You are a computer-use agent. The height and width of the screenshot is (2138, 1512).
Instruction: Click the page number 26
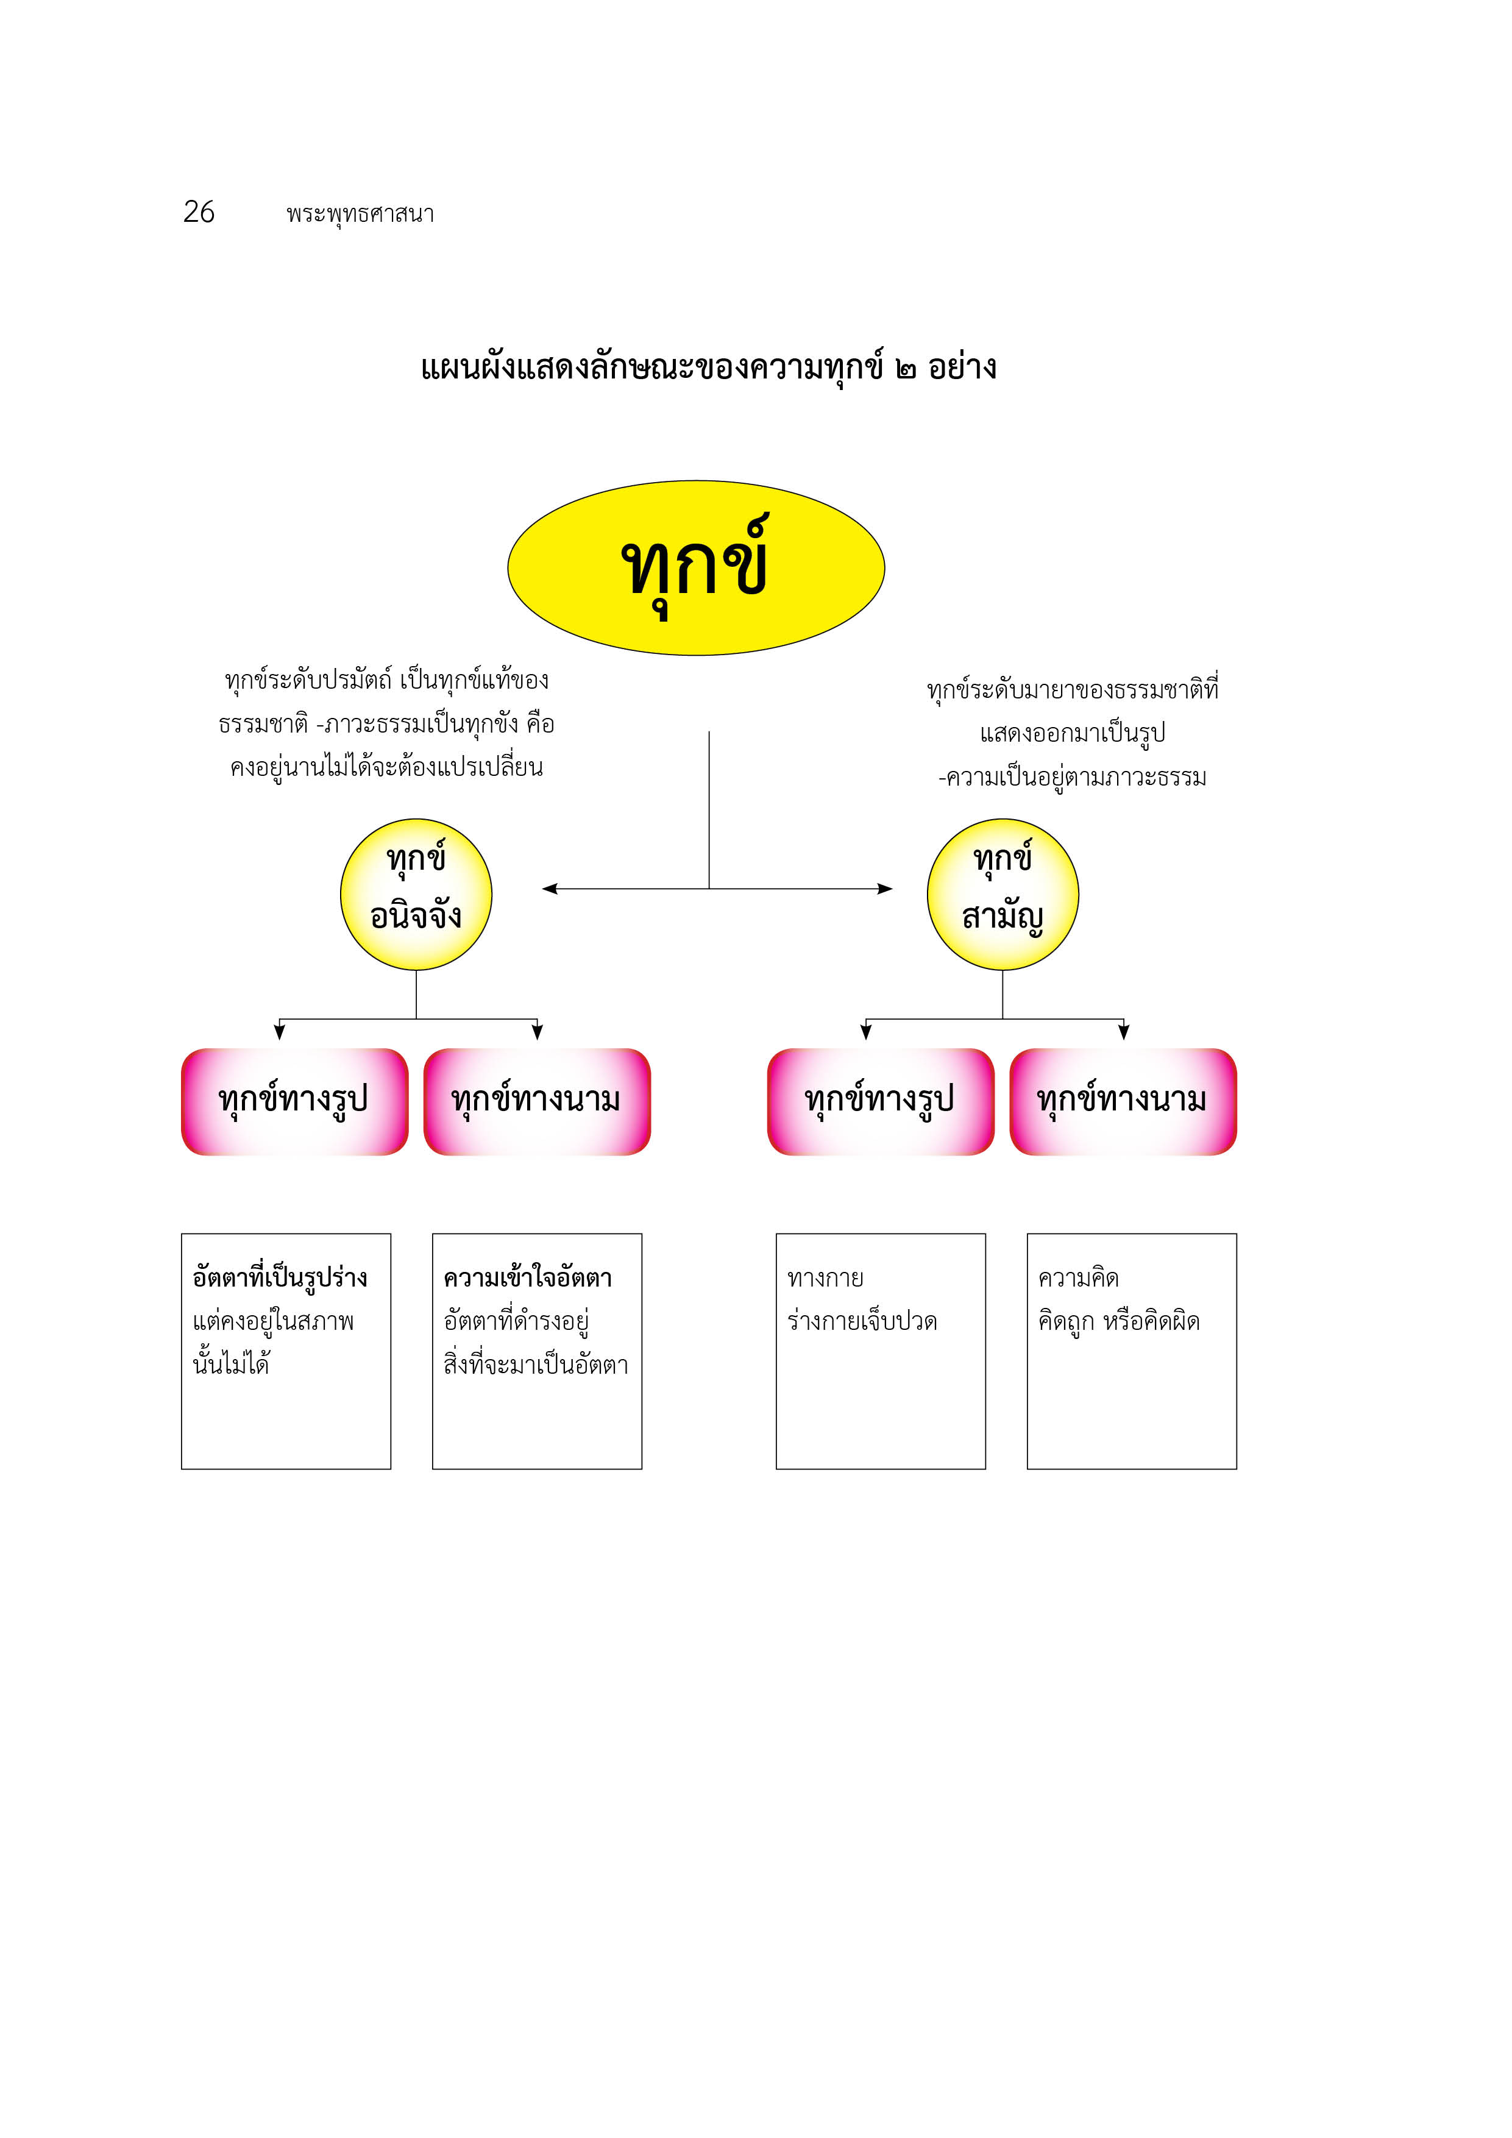pos(199,212)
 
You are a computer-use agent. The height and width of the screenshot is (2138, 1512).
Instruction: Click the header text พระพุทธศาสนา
pos(360,214)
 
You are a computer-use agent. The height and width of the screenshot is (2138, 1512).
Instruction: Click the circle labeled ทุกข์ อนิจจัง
pos(416,895)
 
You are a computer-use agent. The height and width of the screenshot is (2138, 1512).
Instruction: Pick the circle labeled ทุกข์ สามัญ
pos(1003,895)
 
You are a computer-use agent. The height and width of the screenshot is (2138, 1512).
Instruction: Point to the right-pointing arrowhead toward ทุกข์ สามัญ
pos(884,889)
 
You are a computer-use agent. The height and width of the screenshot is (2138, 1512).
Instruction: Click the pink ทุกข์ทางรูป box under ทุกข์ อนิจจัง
pos(295,1101)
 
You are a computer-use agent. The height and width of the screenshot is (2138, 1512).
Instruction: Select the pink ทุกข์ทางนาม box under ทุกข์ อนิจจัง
pos(537,1101)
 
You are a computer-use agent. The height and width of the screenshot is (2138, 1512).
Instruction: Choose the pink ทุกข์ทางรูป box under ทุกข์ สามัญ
pos(881,1101)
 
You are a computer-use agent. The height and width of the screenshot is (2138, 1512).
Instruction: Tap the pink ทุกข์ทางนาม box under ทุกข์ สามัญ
pos(1123,1101)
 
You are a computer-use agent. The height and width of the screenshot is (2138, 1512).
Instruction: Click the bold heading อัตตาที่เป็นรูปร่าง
pos(280,1277)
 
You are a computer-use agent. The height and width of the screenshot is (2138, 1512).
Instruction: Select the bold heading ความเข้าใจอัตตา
pos(528,1277)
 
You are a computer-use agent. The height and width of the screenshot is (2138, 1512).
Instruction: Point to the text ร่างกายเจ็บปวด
pos(862,1321)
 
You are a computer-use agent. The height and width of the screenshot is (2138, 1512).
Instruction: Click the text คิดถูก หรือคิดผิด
pos(1119,1321)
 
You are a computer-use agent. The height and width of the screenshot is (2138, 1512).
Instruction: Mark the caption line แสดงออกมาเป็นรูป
pos(1073,734)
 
